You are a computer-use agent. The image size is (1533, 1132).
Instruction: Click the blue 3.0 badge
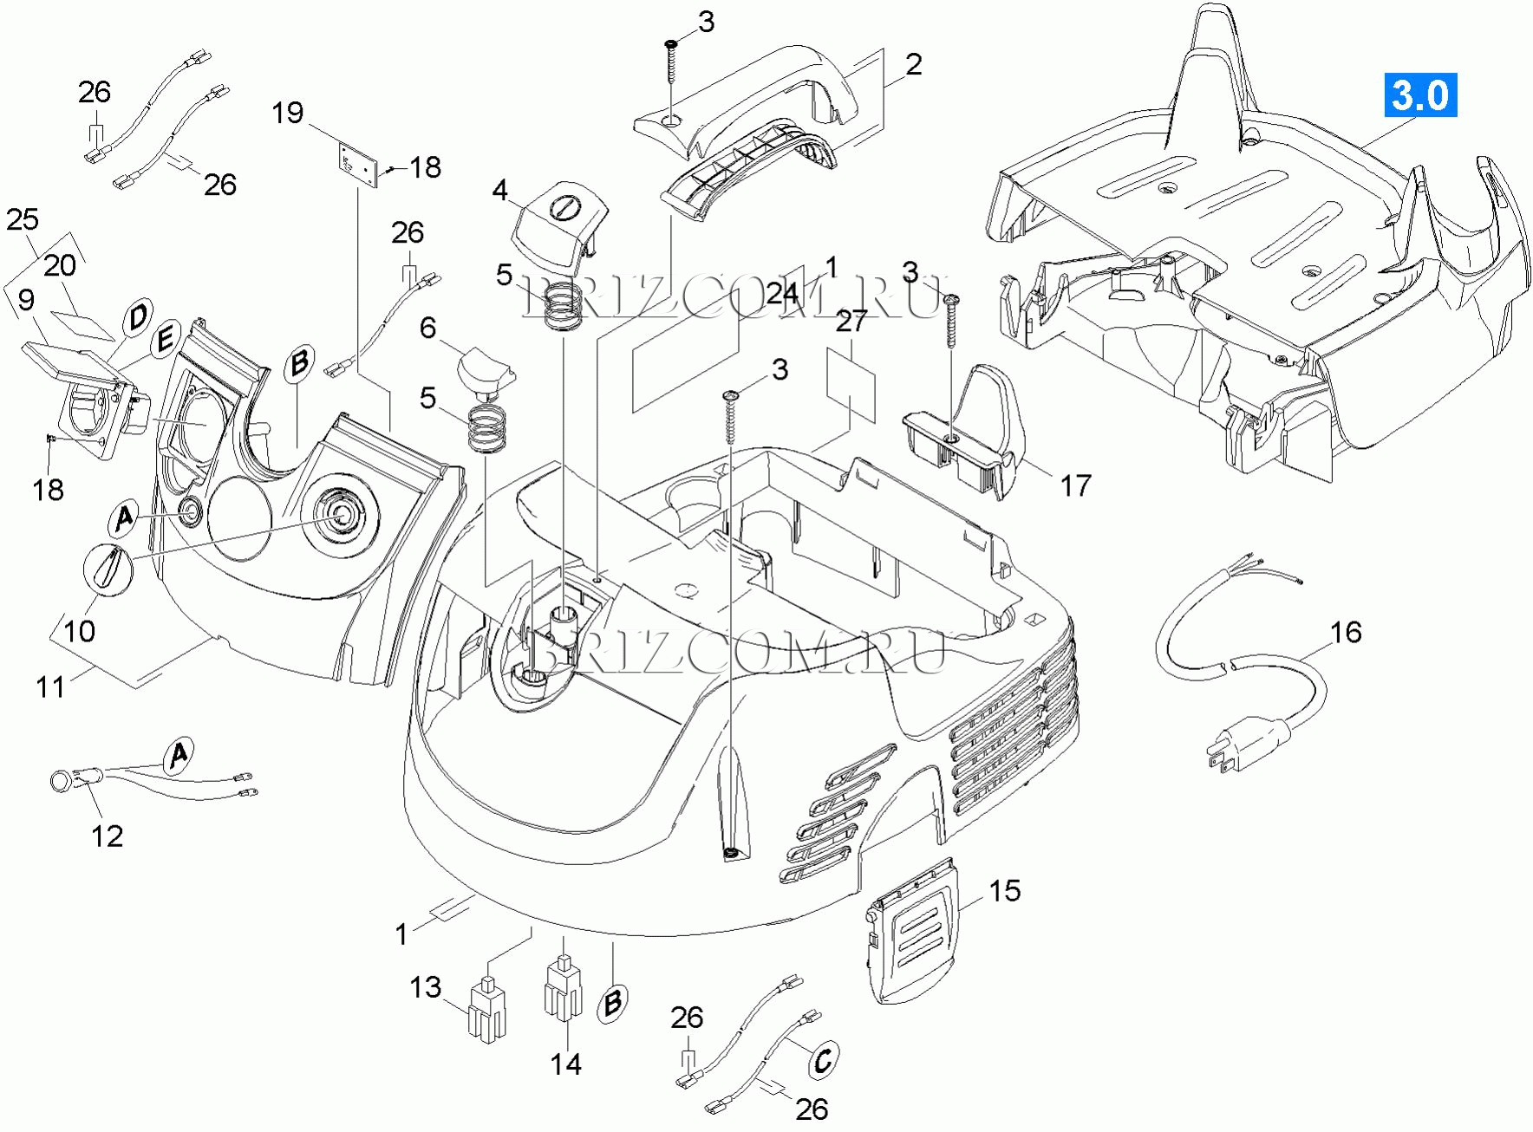click(1419, 94)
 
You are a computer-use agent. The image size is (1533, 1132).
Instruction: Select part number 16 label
click(1346, 633)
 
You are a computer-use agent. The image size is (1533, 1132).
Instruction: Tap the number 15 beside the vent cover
click(1005, 891)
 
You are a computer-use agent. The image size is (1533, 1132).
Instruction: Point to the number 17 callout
click(1076, 486)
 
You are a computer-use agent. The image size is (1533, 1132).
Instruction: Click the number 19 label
click(288, 113)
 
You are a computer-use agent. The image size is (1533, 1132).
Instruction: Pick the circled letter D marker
click(138, 316)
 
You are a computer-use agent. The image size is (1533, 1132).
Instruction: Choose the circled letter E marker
click(166, 339)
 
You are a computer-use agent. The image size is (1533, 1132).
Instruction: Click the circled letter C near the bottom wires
click(823, 1059)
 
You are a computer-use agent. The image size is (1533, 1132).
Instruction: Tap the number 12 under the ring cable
click(108, 836)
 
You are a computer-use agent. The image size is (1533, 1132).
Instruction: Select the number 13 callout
click(426, 987)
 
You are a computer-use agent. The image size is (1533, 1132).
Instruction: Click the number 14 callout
click(566, 1064)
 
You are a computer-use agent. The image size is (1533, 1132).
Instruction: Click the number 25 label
click(23, 220)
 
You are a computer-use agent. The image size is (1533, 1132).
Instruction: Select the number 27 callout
click(851, 322)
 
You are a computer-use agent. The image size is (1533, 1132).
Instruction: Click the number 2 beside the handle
click(913, 64)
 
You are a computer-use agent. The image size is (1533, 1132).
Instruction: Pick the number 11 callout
click(50, 687)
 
